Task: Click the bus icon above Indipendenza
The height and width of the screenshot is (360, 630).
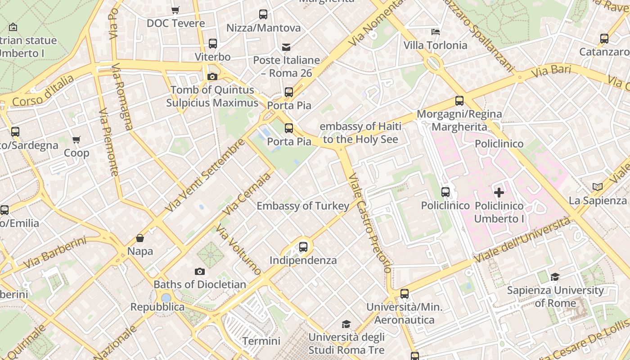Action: (x=303, y=247)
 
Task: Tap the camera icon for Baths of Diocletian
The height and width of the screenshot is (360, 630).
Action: (x=200, y=271)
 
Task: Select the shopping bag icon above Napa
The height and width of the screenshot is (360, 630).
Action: (x=140, y=238)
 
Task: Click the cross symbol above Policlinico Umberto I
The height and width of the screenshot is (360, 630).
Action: (x=499, y=193)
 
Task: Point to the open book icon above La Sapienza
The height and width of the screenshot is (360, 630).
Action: (x=598, y=187)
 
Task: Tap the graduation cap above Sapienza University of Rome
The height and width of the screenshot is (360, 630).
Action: (x=555, y=277)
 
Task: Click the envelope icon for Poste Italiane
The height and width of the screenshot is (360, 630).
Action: (x=286, y=47)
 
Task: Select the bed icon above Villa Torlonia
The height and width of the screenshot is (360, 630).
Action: (x=435, y=31)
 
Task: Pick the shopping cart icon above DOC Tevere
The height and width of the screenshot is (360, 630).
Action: (x=175, y=10)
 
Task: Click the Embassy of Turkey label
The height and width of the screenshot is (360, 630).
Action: (x=303, y=206)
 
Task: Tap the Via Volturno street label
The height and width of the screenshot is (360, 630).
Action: (x=238, y=250)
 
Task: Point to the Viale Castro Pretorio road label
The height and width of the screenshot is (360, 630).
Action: (x=369, y=223)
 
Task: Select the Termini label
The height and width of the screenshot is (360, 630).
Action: (x=261, y=341)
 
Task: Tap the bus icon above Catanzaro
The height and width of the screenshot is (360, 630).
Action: (x=604, y=39)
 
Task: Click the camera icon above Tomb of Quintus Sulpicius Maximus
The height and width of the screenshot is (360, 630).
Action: (x=212, y=76)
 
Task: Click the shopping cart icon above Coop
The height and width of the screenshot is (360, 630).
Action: (x=76, y=140)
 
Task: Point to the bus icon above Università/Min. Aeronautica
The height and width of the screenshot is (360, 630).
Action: (x=405, y=294)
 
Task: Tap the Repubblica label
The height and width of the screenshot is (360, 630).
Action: (x=157, y=307)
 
